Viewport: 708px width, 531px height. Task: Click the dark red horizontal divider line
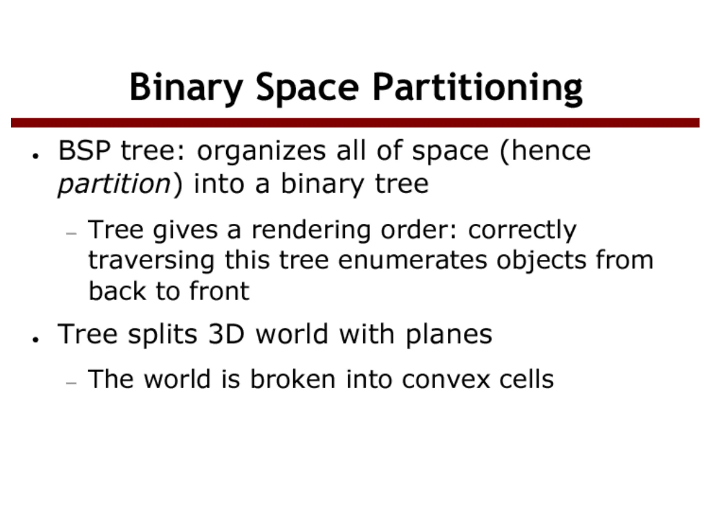[x=355, y=123]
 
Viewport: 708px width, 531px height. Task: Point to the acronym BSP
[x=85, y=150]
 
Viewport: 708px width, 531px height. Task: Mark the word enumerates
[x=413, y=261]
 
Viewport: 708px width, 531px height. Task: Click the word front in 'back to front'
[x=219, y=291]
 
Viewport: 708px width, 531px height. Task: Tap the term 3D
[x=226, y=334]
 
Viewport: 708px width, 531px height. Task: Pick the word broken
[x=293, y=379]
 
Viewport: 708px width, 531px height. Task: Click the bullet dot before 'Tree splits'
[x=35, y=339]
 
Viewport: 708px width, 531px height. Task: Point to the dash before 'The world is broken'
[x=71, y=382]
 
